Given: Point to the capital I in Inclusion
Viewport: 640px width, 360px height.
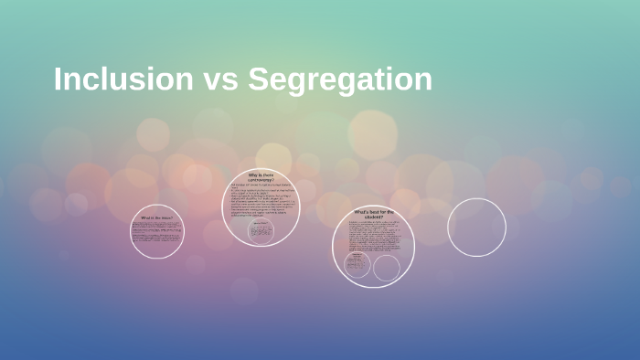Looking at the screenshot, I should pyautogui.click(x=59, y=79).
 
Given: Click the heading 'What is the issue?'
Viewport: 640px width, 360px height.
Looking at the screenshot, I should pyautogui.click(x=156, y=218).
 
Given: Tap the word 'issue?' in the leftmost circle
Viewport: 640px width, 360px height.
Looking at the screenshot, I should pyautogui.click(x=166, y=218).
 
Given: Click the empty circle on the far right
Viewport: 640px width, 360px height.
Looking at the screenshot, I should pyautogui.click(x=476, y=228).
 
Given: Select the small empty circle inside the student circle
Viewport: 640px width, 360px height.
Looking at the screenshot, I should pyautogui.click(x=387, y=267).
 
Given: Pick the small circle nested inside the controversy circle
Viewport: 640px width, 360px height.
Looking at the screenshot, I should pyautogui.click(x=261, y=229).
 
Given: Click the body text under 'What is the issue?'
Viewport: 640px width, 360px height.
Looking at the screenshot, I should pyautogui.click(x=156, y=236).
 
